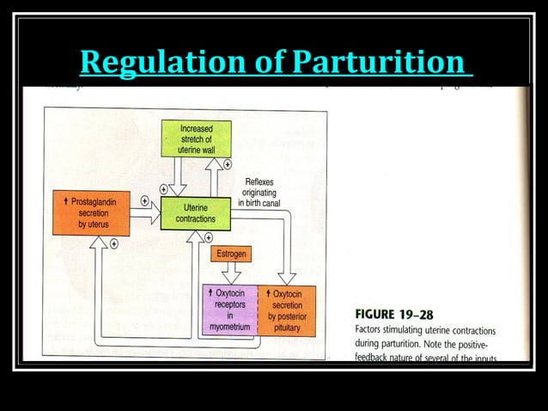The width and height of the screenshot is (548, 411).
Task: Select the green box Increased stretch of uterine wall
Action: point(196,139)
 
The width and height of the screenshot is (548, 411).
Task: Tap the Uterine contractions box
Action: point(195,213)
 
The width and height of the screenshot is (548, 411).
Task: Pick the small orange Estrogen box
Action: point(230,255)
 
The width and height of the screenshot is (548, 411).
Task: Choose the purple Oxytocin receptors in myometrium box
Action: point(229,309)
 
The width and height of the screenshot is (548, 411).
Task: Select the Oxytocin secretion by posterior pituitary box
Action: point(287,309)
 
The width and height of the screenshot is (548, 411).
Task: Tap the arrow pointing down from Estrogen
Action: point(230,273)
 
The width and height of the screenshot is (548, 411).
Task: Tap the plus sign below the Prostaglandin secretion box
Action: point(113,243)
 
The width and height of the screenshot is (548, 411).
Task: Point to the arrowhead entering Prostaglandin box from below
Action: point(99,242)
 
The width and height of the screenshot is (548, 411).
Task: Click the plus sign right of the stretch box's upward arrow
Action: point(227,163)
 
